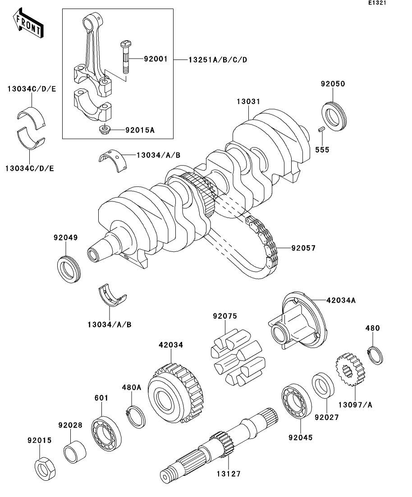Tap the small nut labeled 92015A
[105, 130]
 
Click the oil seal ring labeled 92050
[334, 116]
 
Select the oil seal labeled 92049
[69, 269]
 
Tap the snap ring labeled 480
[375, 355]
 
